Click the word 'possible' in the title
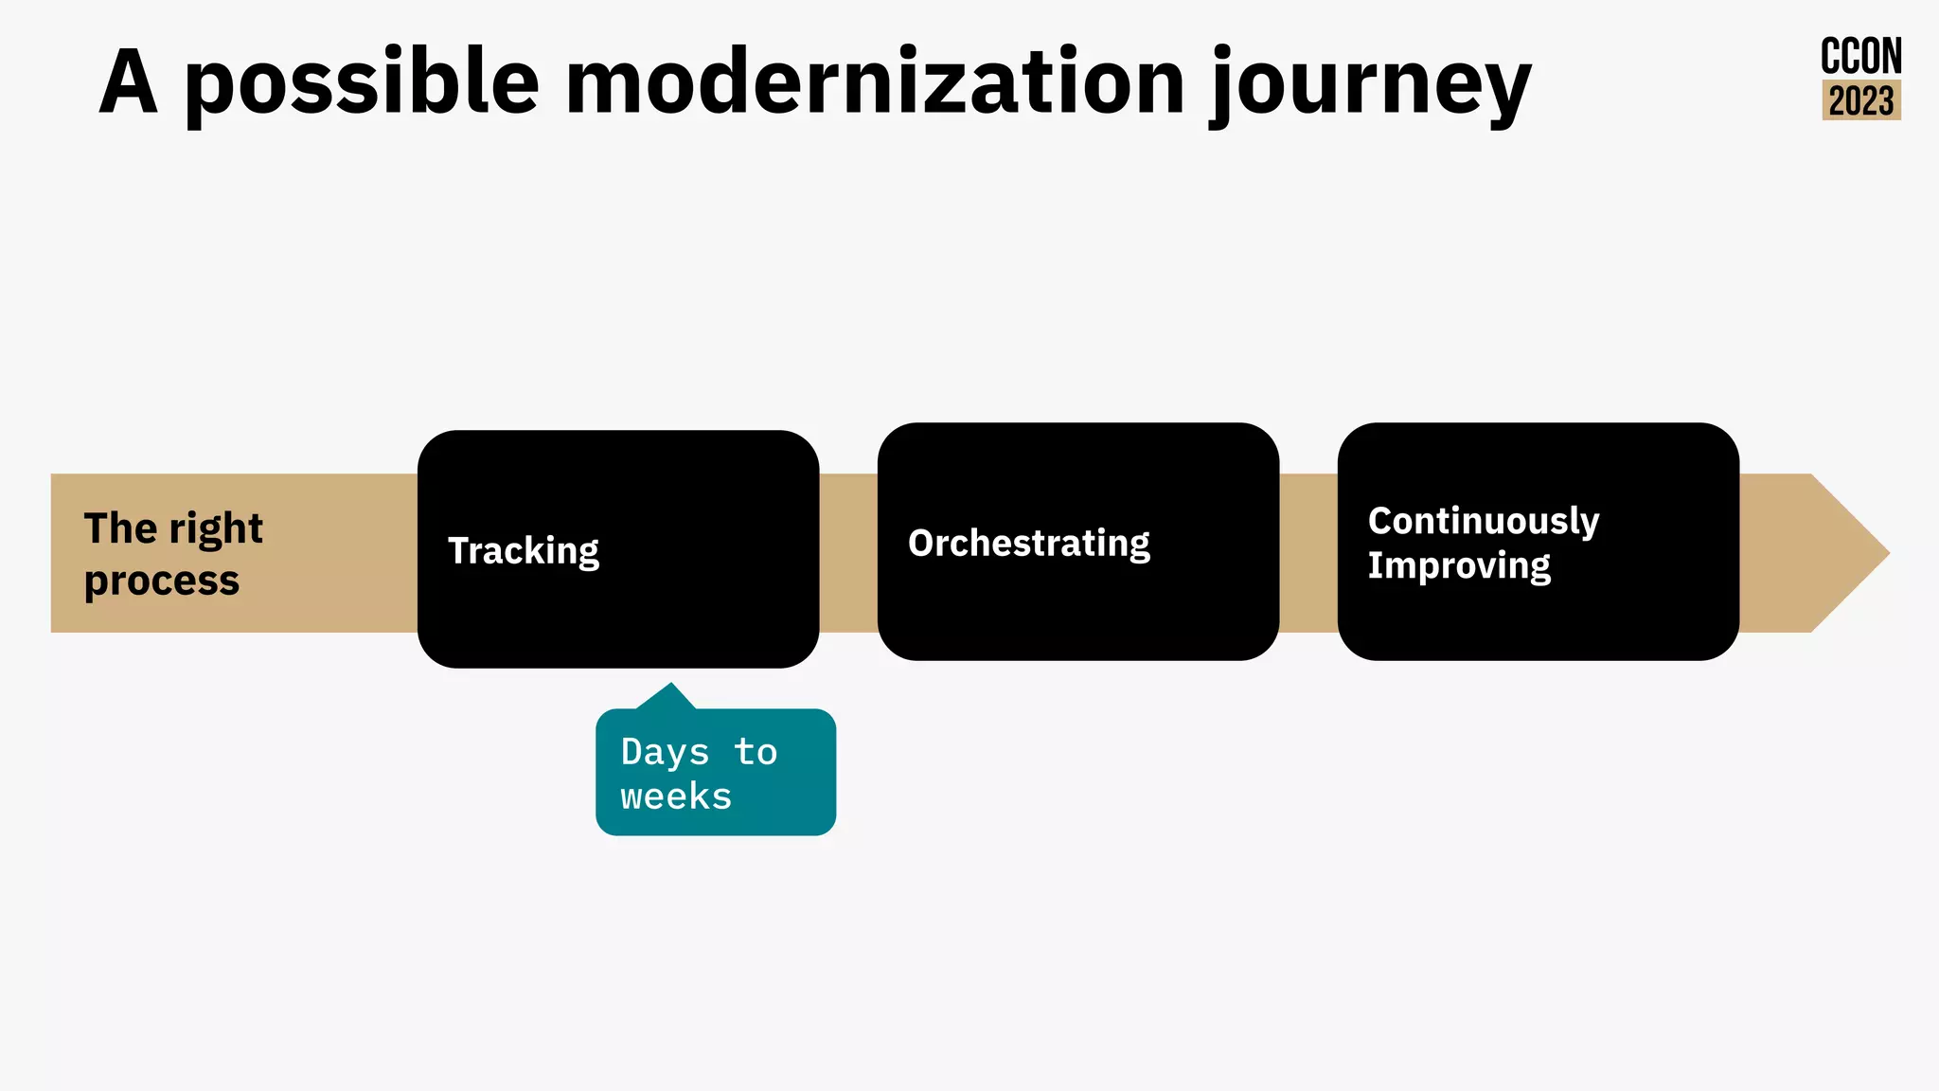click(x=362, y=83)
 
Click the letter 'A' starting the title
click(x=128, y=83)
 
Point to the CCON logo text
click(x=1860, y=57)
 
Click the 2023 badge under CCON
click(x=1860, y=100)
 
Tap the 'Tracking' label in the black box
click(x=524, y=550)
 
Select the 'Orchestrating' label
click(x=1028, y=544)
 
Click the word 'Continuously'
click(x=1483, y=521)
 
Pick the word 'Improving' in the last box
click(x=1458, y=565)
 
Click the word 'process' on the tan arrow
click(x=162, y=580)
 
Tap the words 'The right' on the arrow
click(x=173, y=528)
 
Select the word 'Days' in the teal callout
click(x=665, y=752)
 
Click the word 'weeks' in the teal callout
click(x=676, y=796)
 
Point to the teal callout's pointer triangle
click(x=669, y=697)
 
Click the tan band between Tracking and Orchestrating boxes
click(x=848, y=553)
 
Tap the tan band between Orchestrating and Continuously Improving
click(x=1308, y=553)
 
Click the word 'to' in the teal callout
click(x=756, y=752)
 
